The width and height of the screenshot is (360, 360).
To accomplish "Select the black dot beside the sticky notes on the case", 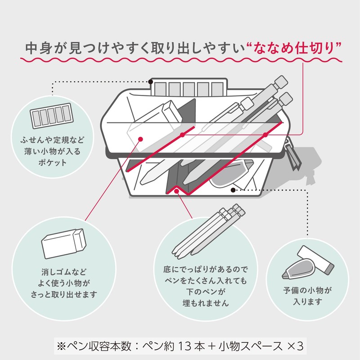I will point(151,82).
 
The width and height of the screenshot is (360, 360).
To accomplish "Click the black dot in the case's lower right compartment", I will point(233,190).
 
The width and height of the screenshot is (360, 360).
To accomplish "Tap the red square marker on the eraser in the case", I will point(141,139).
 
